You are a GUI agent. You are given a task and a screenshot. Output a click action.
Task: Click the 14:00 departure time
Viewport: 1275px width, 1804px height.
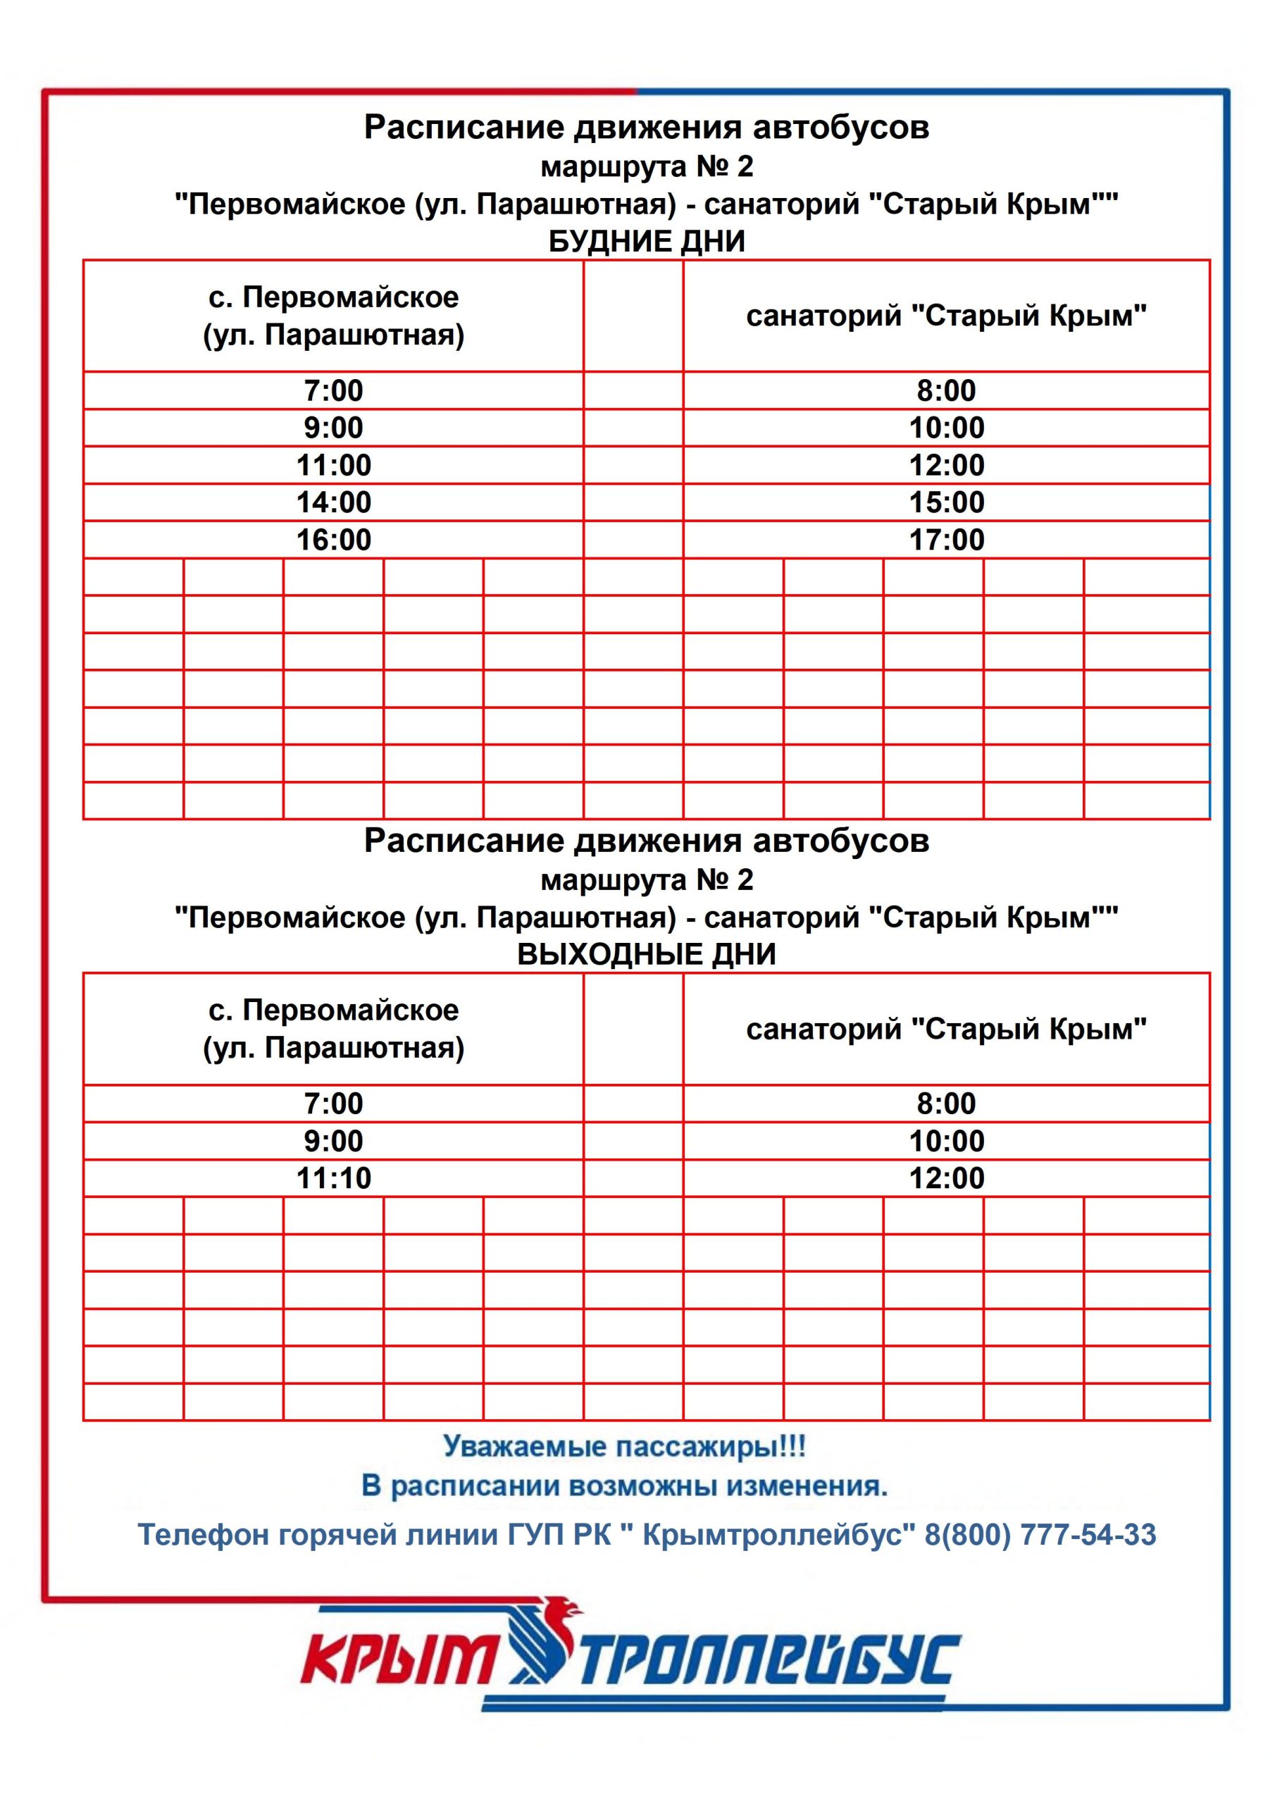click(x=333, y=502)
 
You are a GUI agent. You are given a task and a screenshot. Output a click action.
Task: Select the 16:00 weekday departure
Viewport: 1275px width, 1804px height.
click(x=333, y=540)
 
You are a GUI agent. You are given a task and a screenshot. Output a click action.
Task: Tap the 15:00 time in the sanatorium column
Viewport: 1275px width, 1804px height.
click(x=946, y=502)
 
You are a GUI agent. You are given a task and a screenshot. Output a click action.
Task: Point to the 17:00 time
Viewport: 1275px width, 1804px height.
click(x=946, y=540)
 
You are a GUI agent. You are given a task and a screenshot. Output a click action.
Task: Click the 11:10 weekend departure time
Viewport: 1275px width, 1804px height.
click(x=333, y=1178)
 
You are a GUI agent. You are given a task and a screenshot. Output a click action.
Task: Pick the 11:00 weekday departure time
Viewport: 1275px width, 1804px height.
click(x=333, y=465)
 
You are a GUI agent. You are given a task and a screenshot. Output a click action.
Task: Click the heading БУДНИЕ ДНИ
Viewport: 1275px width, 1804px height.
click(x=646, y=241)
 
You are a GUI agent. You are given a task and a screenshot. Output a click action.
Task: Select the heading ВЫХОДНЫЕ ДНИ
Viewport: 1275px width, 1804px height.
click(x=646, y=954)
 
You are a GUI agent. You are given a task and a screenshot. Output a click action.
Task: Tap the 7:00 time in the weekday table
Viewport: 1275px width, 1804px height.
click(x=333, y=390)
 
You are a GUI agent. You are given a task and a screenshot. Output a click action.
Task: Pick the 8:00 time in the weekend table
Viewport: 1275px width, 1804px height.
click(x=946, y=1103)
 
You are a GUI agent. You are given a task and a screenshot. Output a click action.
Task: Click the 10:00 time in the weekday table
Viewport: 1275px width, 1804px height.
click(x=946, y=428)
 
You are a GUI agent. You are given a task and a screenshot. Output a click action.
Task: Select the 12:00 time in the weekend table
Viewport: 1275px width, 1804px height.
click(x=946, y=1178)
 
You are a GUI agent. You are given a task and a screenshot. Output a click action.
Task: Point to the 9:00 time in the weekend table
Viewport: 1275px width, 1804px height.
click(x=333, y=1140)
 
